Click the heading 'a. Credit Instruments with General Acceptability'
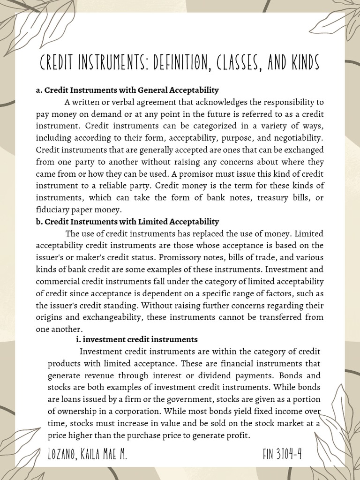pyautogui.click(x=127, y=90)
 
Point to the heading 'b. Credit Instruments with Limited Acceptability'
pyautogui.click(x=127, y=221)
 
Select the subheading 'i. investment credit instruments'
pyautogui.click(x=136, y=339)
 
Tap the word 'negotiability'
pyautogui.click(x=298, y=138)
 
